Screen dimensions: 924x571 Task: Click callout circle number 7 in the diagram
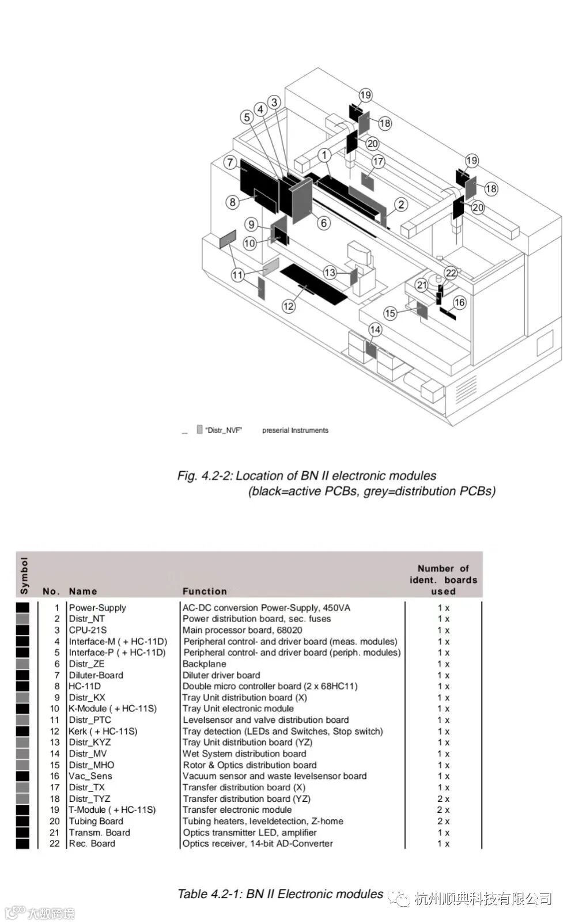pyautogui.click(x=230, y=162)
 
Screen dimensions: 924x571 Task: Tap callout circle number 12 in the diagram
pyautogui.click(x=289, y=306)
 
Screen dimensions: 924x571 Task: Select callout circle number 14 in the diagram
pyautogui.click(x=375, y=330)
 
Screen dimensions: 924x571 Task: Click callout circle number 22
pyautogui.click(x=451, y=273)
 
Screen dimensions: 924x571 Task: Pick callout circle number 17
pyautogui.click(x=378, y=161)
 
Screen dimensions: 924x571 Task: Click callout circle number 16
pyautogui.click(x=459, y=302)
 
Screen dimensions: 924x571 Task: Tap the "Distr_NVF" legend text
pyautogui.click(x=223, y=430)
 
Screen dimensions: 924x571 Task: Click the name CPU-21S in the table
pyautogui.click(x=88, y=630)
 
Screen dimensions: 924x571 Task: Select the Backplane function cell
pyautogui.click(x=204, y=664)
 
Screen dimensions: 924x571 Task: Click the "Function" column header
pyautogui.click(x=205, y=591)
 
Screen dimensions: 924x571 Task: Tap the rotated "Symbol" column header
pyautogui.click(x=24, y=575)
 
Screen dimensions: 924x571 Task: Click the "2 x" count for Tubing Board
pyautogui.click(x=443, y=821)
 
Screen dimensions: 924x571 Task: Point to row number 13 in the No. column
pyautogui.click(x=55, y=743)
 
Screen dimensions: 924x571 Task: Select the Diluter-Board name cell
pyautogui.click(x=96, y=675)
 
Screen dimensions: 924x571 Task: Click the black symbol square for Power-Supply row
pyautogui.click(x=22, y=608)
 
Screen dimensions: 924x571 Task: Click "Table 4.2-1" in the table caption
pyautogui.click(x=210, y=894)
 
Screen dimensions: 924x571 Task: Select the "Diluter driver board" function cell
pyautogui.click(x=221, y=675)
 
